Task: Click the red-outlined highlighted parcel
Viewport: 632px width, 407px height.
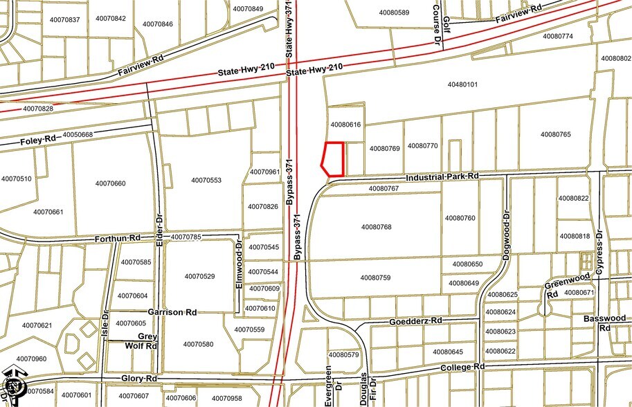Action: point(334,159)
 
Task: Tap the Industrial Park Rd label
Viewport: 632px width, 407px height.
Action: point(443,177)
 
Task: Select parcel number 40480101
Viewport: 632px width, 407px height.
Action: point(462,85)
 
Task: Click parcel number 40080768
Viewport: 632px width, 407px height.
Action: point(376,226)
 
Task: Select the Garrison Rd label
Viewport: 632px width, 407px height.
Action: point(172,312)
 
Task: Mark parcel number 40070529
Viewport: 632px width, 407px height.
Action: point(199,277)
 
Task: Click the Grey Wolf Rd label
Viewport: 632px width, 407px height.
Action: point(141,341)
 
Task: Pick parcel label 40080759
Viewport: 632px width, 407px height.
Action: point(375,278)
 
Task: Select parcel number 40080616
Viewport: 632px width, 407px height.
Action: point(346,125)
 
